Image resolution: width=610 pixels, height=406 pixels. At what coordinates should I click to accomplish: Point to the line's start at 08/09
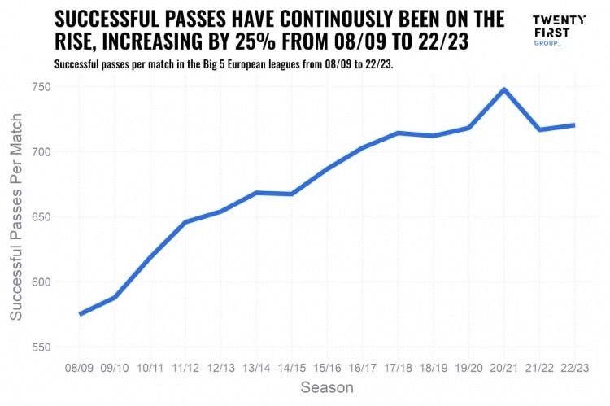(80, 314)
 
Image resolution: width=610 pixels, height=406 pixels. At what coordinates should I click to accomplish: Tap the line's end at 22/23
(575, 125)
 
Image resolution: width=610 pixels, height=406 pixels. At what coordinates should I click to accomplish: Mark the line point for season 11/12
(185, 222)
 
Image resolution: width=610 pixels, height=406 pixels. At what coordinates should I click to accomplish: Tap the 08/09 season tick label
(80, 369)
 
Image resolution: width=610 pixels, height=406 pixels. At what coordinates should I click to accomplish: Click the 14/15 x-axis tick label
(292, 369)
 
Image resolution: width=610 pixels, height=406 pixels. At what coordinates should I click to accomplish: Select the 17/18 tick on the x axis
(398, 369)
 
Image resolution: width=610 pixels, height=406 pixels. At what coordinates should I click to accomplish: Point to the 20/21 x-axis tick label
(504, 369)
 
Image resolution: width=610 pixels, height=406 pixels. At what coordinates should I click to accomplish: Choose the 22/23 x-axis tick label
(575, 369)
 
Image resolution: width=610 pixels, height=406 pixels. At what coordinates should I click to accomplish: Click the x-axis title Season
(327, 388)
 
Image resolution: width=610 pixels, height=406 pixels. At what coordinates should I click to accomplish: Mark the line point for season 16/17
(363, 148)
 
